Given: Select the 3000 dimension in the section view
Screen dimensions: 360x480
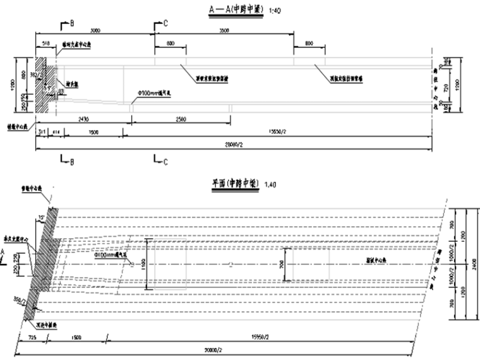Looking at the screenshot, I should pos(95,30).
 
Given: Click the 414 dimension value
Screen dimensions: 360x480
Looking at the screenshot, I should pos(57,131).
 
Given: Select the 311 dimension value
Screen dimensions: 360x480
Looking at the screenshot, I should pos(41,131).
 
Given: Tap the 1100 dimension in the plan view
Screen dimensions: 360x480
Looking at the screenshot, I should pos(143,259).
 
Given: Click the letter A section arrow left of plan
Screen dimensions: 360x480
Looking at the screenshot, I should pos(4,251).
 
